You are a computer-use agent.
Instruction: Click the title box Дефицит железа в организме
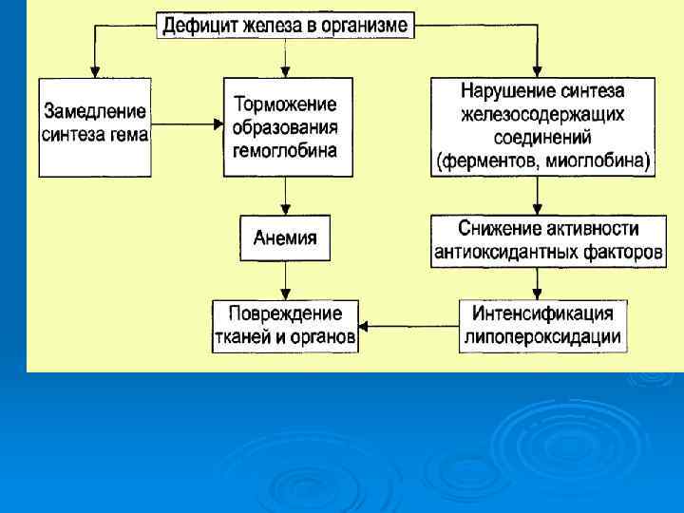pyautogui.click(x=285, y=25)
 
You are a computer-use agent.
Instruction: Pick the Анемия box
pyautogui.click(x=285, y=238)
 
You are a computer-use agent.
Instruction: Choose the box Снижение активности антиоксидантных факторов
pyautogui.click(x=548, y=241)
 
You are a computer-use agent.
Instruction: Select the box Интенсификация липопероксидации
pyautogui.click(x=541, y=325)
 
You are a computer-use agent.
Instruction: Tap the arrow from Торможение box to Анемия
pyautogui.click(x=285, y=197)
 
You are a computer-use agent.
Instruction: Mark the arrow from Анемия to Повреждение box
pyautogui.click(x=285, y=280)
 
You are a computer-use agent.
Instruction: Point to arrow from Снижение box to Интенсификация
pyautogui.click(x=538, y=282)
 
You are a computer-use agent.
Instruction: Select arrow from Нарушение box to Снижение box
pyautogui.click(x=538, y=195)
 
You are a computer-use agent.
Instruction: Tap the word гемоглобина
pyautogui.click(x=285, y=150)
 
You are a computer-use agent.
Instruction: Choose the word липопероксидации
pyautogui.click(x=541, y=337)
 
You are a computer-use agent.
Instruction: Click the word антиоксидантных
pyautogui.click(x=504, y=254)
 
